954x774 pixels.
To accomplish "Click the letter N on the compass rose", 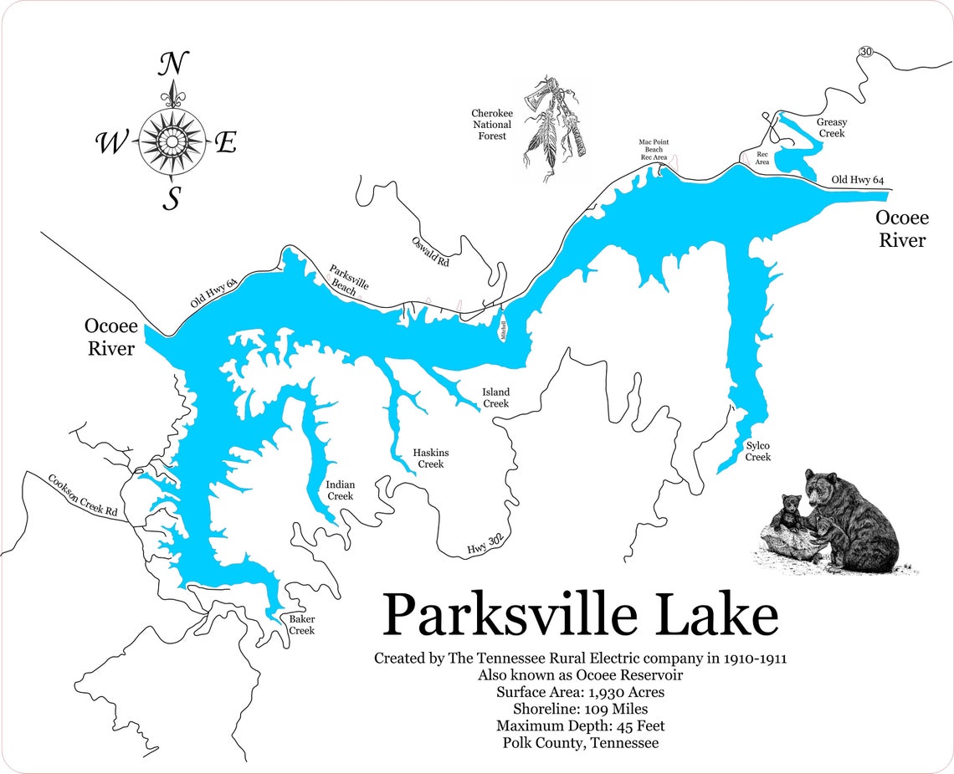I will [x=173, y=64].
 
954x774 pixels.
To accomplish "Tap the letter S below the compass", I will [x=172, y=198].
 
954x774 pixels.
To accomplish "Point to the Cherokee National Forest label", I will [x=491, y=125].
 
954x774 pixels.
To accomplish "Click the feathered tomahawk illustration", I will [x=553, y=126].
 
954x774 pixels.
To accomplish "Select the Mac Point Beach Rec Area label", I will [x=653, y=150].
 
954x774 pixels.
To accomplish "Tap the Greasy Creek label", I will [x=831, y=128].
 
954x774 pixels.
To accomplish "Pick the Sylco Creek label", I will [x=757, y=451].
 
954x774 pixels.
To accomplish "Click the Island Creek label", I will [x=495, y=397].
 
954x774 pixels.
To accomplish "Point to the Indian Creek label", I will [x=340, y=490].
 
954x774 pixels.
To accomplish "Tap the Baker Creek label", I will [x=301, y=624].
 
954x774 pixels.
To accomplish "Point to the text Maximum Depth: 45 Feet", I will [x=580, y=725].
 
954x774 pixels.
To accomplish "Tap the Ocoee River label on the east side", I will [x=901, y=228].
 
